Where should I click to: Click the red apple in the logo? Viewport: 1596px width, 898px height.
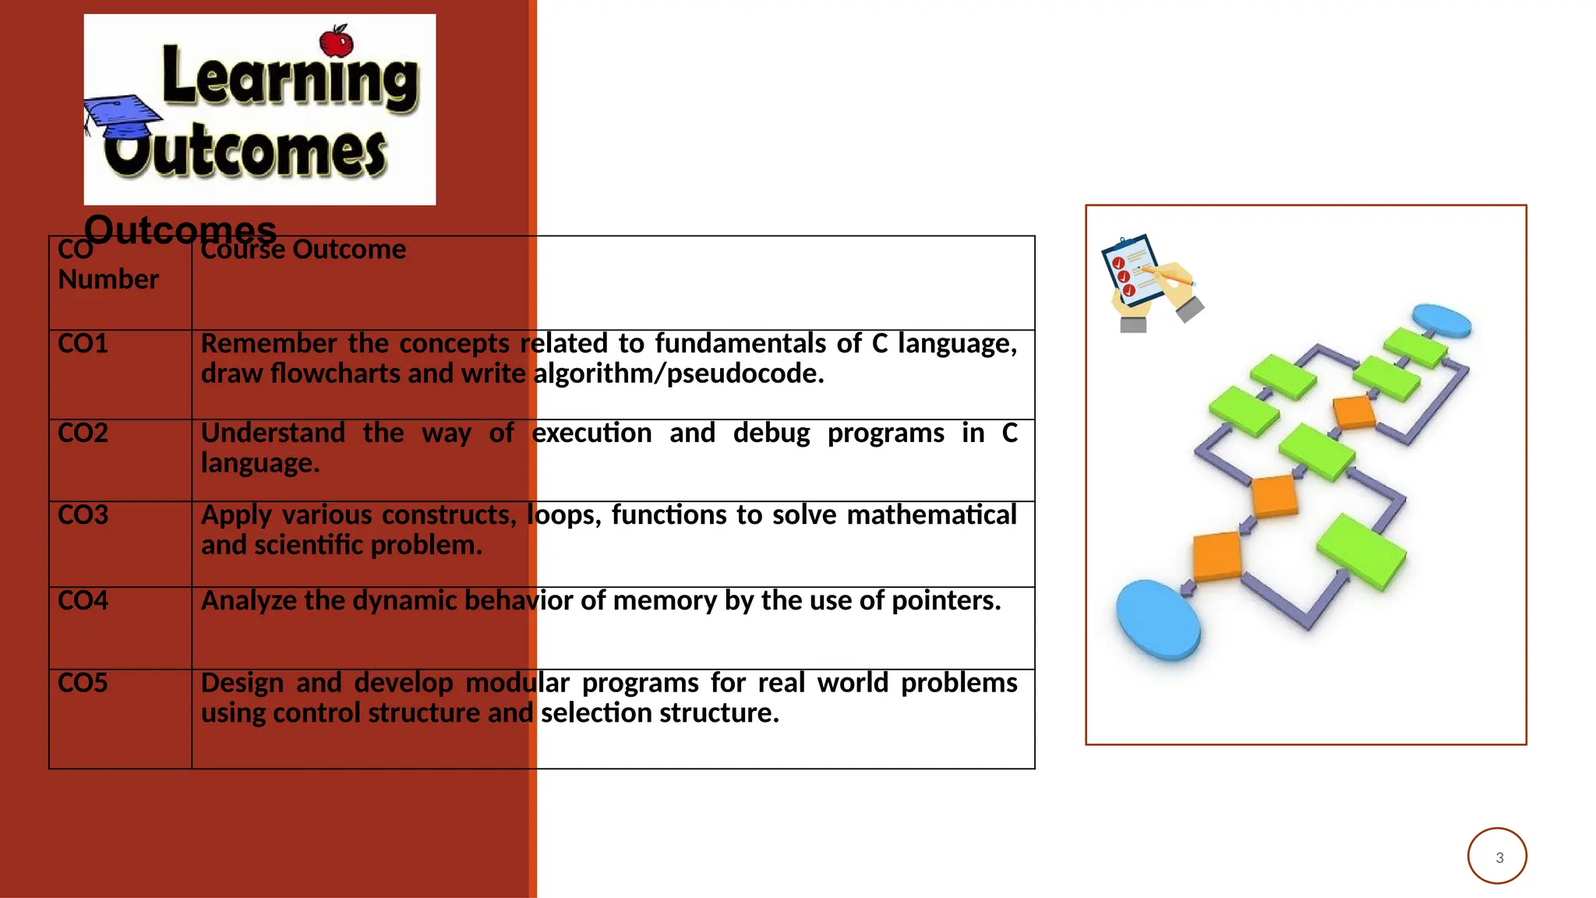pos(337,41)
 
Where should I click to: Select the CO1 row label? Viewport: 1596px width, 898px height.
pos(83,344)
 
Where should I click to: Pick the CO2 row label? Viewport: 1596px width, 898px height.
pos(83,433)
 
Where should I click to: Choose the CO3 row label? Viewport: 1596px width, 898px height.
pos(83,515)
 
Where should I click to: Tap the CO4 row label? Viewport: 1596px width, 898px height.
pos(83,601)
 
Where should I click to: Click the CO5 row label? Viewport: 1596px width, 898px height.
pos(83,683)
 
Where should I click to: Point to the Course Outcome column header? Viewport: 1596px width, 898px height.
pos(303,250)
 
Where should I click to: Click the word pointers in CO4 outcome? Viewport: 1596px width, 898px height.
pos(945,601)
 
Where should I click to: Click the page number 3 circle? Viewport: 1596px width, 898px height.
pos(1497,856)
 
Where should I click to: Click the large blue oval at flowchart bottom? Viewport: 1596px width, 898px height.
pos(1157,620)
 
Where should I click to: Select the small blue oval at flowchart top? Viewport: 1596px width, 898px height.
pos(1442,320)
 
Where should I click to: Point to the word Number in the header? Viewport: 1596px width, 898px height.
pos(108,280)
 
